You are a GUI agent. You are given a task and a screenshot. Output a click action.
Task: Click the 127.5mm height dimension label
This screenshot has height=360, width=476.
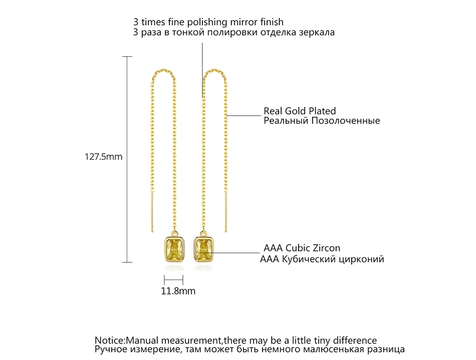pos(103,157)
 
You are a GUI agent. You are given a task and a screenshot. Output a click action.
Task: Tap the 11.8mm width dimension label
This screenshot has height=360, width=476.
pos(178,290)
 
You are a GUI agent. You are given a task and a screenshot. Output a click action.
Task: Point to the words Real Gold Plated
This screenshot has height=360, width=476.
pos(300,111)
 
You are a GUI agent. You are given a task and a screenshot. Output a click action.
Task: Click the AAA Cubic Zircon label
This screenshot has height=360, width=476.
pos(302,248)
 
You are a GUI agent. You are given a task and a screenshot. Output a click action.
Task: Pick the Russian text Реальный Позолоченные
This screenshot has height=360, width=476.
pos(322,121)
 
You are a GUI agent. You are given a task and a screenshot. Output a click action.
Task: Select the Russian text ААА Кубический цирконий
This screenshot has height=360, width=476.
pos(322,259)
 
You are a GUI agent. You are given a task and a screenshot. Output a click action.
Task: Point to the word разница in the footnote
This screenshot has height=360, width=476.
pos(385,349)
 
